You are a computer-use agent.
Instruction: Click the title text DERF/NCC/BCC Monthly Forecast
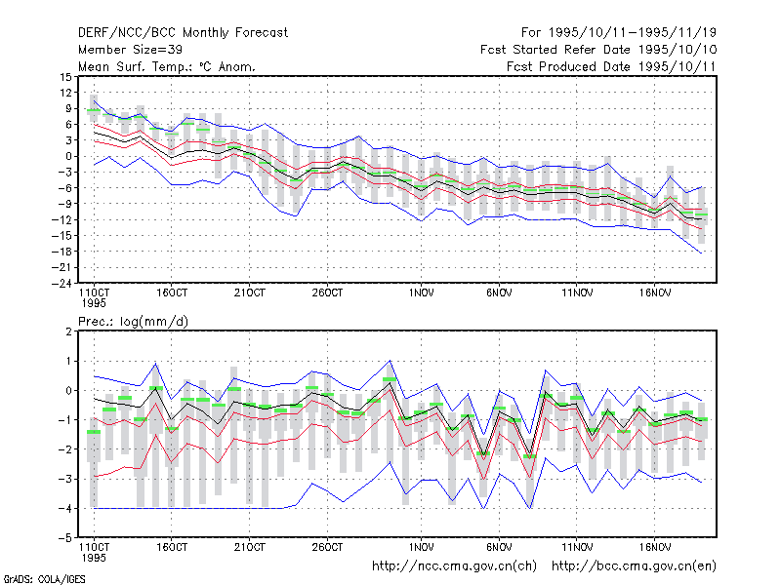point(183,33)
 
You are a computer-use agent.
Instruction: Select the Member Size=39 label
point(130,50)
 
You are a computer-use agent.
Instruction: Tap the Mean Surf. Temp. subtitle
point(167,66)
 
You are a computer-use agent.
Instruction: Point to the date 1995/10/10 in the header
point(678,50)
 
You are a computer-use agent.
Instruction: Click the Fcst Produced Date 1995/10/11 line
point(611,66)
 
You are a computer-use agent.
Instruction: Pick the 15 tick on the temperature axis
point(65,77)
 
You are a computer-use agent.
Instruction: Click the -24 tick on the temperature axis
point(62,283)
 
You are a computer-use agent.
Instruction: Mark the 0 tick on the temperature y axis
point(69,156)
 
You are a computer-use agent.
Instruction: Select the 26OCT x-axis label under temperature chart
point(327,293)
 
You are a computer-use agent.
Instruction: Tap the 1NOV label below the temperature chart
point(422,293)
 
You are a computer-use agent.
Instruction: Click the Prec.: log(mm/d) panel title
point(133,322)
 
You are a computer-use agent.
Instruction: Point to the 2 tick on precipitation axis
point(68,331)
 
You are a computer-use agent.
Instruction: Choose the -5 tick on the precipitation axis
point(64,538)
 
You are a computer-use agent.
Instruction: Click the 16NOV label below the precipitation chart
point(655,547)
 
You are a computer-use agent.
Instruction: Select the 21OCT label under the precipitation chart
point(250,547)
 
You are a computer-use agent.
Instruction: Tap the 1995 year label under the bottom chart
point(94,558)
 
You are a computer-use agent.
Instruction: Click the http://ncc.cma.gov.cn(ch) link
point(454,566)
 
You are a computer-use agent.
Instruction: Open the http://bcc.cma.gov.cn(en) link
point(634,566)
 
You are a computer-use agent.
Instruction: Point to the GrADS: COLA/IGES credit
point(45,579)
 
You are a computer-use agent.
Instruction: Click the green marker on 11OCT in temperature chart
point(94,110)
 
